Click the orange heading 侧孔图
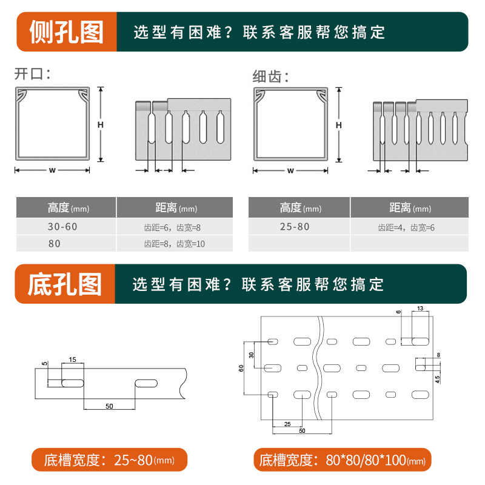click(x=66, y=32)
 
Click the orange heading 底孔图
click(x=65, y=284)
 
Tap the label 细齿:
click(x=270, y=76)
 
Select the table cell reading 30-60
click(x=62, y=227)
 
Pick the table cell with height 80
click(x=55, y=244)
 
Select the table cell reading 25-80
click(x=295, y=227)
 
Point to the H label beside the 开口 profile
click(x=101, y=125)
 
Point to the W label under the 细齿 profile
click(x=290, y=170)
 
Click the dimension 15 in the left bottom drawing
click(x=72, y=360)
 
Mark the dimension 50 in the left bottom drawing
click(x=109, y=406)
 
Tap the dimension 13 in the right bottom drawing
click(x=421, y=309)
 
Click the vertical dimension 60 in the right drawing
click(x=241, y=367)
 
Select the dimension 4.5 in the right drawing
click(x=437, y=378)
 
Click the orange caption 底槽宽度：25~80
click(x=109, y=460)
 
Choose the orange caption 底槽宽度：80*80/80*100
click(x=342, y=460)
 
